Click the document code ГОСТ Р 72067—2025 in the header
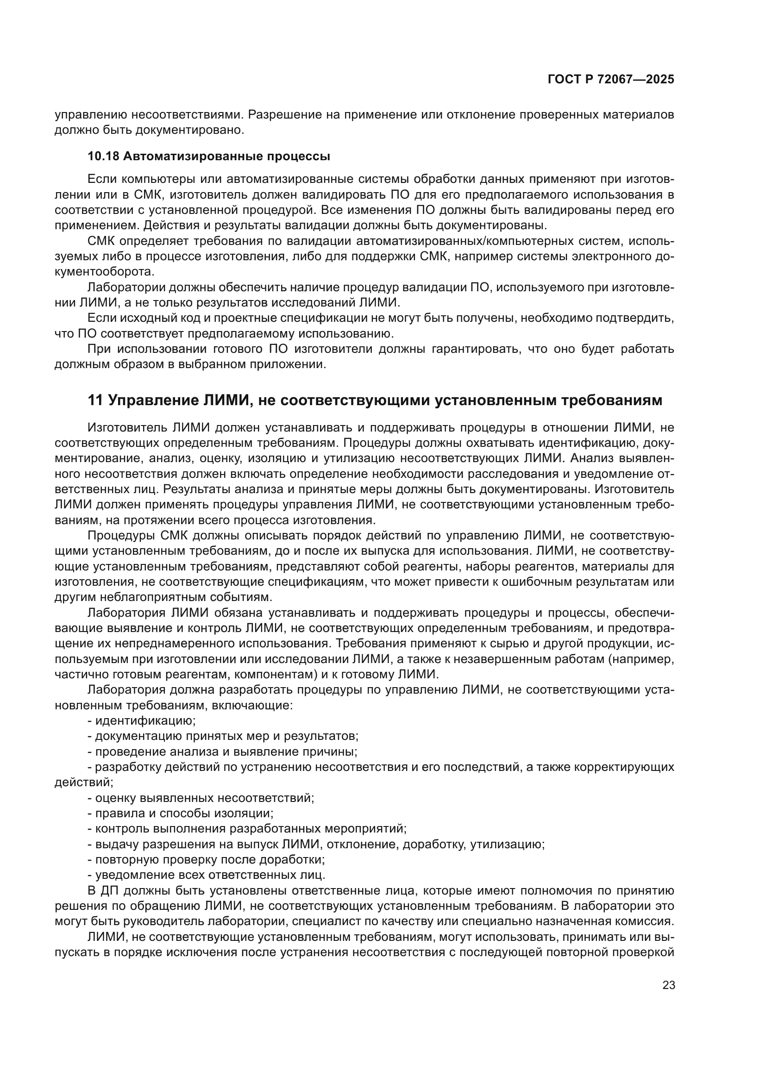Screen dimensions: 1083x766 (610, 80)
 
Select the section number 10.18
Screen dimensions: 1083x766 (103, 157)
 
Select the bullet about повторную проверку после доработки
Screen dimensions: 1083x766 (209, 859)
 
